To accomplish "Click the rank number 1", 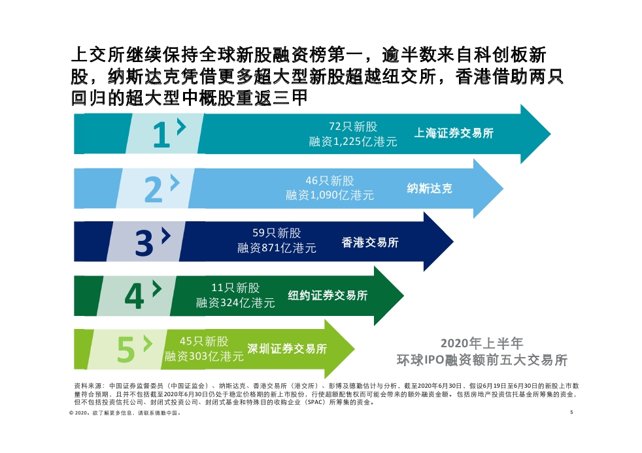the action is [160, 135].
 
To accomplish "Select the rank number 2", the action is [153, 190].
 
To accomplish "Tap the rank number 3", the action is [144, 243].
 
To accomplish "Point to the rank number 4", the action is [134, 297].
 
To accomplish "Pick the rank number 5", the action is [126, 351].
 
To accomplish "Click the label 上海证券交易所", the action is [454, 133].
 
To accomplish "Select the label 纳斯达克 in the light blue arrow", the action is [430, 189].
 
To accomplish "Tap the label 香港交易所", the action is [370, 243].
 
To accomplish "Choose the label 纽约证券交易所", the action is [328, 296].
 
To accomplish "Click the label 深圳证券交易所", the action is [287, 349].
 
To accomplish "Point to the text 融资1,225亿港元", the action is [353, 142].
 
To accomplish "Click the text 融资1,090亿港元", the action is [330, 195].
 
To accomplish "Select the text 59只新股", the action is [277, 232].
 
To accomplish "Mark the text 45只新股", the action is [204, 341].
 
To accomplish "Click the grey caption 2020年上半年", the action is [482, 343].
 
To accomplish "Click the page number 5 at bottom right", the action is [571, 413].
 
